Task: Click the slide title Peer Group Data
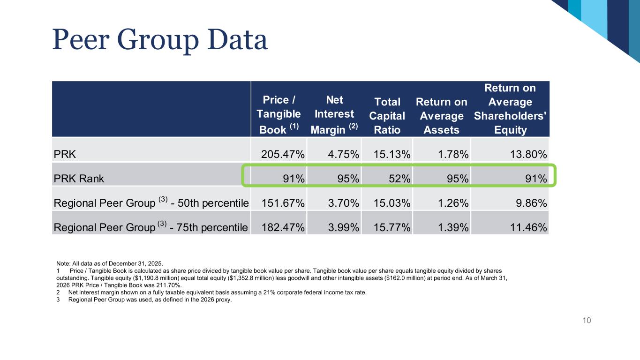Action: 160,39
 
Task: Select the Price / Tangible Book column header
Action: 279,114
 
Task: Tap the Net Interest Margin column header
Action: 334,114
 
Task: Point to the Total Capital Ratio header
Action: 387,116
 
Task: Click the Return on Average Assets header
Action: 441,116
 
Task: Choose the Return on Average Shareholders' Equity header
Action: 510,109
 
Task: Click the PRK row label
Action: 65,154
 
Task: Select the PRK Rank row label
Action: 79,179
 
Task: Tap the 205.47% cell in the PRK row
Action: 283,154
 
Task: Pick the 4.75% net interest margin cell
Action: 343,154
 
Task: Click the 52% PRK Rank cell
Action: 399,179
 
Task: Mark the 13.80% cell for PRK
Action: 528,154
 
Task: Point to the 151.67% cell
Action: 283,203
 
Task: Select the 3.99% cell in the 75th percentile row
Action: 343,227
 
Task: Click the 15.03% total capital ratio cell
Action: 392,203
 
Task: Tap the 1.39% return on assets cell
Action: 453,227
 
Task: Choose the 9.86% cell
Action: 531,203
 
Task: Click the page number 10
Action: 587,320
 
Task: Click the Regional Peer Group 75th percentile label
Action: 151,227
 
